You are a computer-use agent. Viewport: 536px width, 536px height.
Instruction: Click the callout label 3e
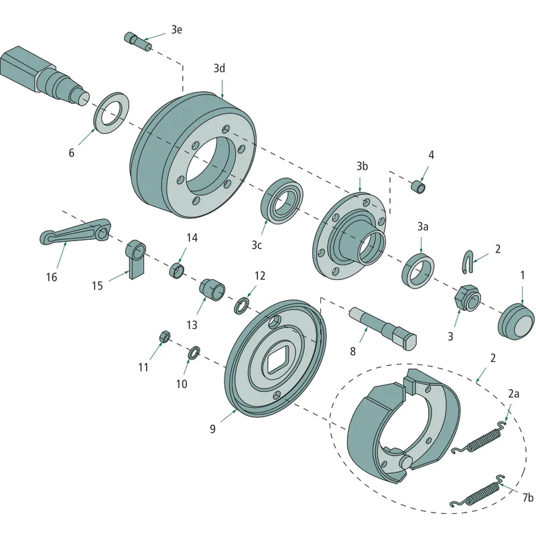176,30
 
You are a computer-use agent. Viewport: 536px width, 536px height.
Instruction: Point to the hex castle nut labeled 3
467,297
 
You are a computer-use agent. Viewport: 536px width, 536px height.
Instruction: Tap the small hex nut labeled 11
164,336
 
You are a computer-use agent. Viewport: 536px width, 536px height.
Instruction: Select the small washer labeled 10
194,353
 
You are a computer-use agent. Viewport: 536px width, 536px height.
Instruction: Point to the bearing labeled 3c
282,200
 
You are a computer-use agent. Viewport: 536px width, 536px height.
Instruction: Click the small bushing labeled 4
418,188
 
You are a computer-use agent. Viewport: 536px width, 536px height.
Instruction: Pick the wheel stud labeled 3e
138,41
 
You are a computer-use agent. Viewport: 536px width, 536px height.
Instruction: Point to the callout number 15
97,285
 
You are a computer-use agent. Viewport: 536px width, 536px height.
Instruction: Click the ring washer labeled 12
242,306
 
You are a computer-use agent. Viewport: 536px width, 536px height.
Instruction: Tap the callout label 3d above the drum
220,68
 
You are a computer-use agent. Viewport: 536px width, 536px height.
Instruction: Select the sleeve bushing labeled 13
212,290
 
